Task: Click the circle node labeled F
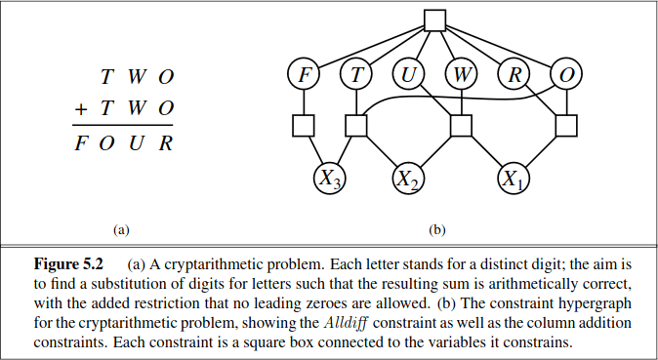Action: click(304, 73)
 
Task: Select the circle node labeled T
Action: click(356, 73)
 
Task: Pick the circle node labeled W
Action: click(461, 73)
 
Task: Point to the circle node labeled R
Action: click(514, 73)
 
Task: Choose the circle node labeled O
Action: click(566, 73)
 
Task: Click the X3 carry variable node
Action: click(330, 179)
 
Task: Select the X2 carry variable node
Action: click(408, 179)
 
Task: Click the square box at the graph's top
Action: click(434, 20)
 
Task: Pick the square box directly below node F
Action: click(304, 126)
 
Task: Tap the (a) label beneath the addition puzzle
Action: click(121, 230)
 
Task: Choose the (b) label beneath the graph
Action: click(436, 230)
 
